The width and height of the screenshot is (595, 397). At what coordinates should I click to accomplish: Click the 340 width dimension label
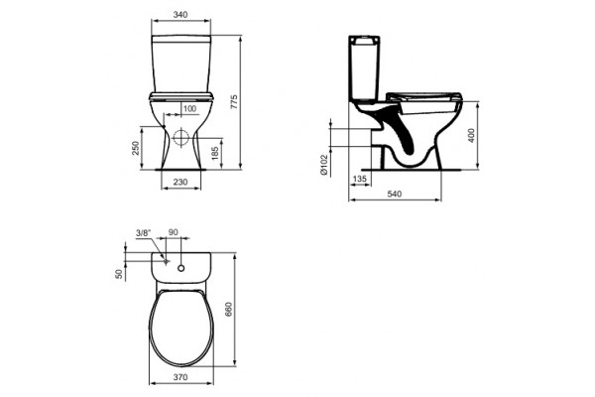click(180, 15)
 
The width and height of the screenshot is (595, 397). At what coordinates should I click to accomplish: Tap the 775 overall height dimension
click(234, 102)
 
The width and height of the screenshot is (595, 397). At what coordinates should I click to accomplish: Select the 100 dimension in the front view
click(189, 109)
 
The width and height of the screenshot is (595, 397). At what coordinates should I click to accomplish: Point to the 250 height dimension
click(136, 148)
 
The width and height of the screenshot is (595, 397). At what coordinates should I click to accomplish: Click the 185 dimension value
click(215, 153)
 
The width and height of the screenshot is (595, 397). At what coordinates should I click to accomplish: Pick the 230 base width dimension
click(180, 183)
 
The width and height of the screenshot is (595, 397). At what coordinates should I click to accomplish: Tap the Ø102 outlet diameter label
click(323, 165)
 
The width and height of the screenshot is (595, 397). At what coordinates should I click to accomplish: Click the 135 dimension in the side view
click(359, 179)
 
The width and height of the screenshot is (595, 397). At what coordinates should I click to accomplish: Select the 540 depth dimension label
click(395, 195)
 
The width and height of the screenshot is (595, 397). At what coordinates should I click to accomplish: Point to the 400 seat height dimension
click(471, 136)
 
